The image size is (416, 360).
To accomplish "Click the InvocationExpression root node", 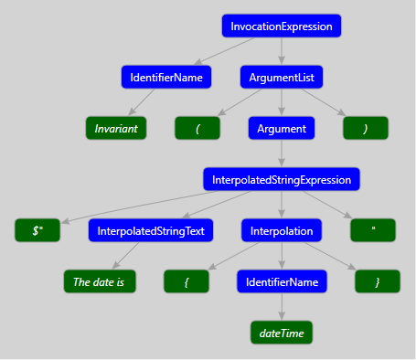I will click(x=282, y=26).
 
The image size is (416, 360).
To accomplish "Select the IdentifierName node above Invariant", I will click(x=165, y=78).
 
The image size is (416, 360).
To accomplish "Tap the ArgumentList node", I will click(x=282, y=78).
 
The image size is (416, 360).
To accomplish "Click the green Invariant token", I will click(x=116, y=129).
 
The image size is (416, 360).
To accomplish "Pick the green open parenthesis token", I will click(x=197, y=129).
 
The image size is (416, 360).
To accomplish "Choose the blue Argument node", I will click(x=282, y=129).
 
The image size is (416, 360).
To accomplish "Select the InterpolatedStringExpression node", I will click(x=282, y=180).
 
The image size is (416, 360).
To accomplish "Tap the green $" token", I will click(x=37, y=231).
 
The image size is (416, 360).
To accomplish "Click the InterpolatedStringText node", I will click(x=152, y=231).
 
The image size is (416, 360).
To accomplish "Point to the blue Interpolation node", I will click(x=282, y=231).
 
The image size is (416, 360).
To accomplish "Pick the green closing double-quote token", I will click(x=374, y=231).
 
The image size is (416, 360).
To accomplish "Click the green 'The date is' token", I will click(x=100, y=282).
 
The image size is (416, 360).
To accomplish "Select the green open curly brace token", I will click(x=187, y=282).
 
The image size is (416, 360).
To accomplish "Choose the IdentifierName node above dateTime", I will click(x=282, y=282).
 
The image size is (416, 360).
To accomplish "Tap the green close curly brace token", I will click(x=377, y=282).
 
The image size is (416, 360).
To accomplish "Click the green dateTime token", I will click(x=282, y=334).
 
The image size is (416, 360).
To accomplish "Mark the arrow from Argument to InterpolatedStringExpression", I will click(x=282, y=154).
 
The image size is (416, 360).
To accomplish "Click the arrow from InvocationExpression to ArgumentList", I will click(x=282, y=52).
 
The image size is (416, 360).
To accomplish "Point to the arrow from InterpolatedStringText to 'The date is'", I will click(x=129, y=256).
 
